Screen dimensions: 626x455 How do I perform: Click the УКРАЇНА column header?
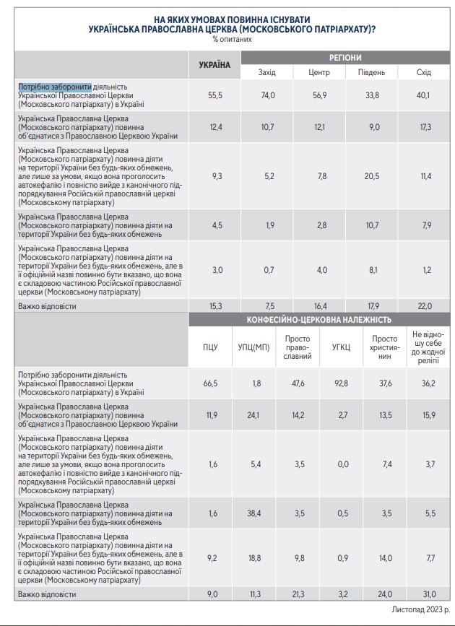(x=214, y=65)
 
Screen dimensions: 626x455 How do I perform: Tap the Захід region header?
(x=267, y=72)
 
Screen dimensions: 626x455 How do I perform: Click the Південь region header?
(x=371, y=72)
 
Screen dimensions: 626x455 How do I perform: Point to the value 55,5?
(x=214, y=95)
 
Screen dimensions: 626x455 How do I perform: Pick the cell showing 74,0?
(x=267, y=95)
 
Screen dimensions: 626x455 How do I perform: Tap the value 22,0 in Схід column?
(x=425, y=305)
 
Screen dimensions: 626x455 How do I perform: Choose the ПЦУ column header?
(x=210, y=347)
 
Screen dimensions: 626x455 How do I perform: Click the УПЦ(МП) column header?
(x=253, y=347)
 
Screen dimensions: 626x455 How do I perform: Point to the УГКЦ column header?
(x=341, y=347)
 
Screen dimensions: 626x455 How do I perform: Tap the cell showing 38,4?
(x=256, y=513)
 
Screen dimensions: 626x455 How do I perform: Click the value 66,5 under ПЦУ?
(x=210, y=383)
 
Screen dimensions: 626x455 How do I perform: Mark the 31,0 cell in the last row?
(x=429, y=594)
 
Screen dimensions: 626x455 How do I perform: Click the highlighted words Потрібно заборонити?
(x=55, y=86)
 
